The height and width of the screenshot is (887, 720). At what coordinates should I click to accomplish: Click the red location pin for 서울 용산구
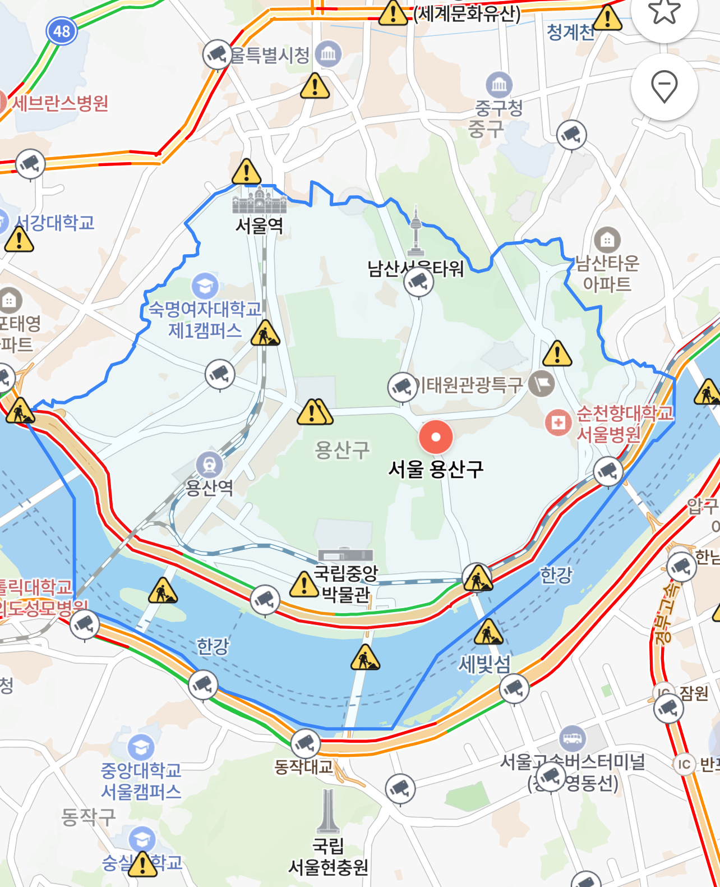coord(436,437)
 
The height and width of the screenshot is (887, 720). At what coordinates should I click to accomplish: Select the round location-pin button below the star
coord(664,87)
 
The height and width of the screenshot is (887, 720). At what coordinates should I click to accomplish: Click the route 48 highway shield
coord(61,31)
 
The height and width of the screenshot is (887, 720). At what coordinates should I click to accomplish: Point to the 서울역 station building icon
coord(259,200)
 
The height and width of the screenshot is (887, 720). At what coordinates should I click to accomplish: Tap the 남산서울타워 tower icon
coord(416,231)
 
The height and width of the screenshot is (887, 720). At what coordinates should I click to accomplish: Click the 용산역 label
coord(209,487)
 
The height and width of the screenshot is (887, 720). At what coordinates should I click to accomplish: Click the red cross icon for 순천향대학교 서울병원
coord(559,422)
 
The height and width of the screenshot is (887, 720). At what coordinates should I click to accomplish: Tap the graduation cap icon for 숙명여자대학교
coord(205,286)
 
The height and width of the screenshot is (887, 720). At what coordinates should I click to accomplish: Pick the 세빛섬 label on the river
coord(484,664)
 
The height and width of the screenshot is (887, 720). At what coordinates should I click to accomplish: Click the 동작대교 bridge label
coord(303,766)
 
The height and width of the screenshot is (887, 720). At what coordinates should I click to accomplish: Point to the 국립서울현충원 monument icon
coord(328,811)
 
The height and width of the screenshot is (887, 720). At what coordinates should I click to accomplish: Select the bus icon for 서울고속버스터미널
coord(573,738)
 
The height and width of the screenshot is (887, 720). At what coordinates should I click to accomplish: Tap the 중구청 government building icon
coord(499,85)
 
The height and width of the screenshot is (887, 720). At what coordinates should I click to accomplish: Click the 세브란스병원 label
coord(60,103)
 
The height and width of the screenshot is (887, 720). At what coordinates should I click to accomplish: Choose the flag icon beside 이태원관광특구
coord(542,384)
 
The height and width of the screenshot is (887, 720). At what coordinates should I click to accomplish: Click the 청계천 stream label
coord(570,32)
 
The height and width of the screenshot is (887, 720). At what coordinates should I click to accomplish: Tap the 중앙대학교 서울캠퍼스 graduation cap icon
coord(141,747)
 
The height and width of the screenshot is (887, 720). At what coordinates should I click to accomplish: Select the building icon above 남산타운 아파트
coord(607,240)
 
